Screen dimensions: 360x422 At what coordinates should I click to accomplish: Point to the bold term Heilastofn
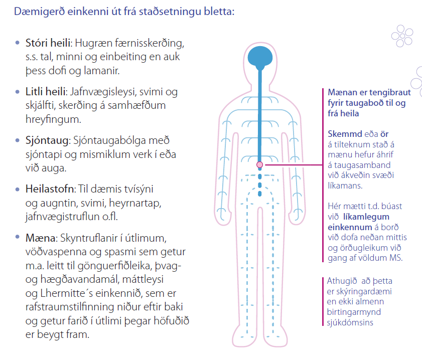(x=50, y=190)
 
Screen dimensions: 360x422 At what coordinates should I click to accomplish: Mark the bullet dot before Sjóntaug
(x=19, y=141)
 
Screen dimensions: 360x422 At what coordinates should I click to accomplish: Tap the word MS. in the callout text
(x=395, y=258)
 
